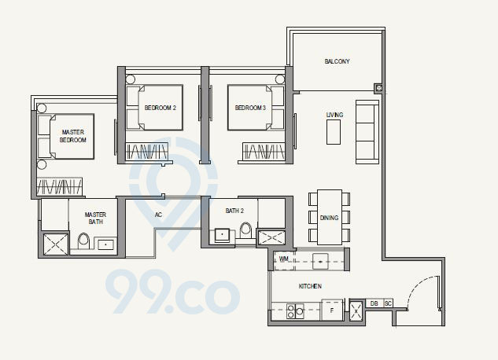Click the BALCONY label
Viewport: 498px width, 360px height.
point(337,61)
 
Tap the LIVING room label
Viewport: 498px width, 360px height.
point(334,115)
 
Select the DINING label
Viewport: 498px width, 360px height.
point(330,218)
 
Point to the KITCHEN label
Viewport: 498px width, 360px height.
point(310,287)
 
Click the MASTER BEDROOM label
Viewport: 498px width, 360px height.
point(73,134)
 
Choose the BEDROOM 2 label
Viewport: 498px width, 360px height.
point(160,107)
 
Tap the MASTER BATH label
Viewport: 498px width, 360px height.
point(95,218)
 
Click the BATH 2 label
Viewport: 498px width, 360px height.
point(234,211)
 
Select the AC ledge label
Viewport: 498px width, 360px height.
point(158,214)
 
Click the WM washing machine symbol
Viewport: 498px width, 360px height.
point(284,259)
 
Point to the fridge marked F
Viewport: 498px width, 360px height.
point(332,311)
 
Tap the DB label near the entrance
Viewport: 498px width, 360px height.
point(374,303)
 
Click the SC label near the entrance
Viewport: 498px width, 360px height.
point(388,303)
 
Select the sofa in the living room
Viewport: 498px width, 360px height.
point(367,131)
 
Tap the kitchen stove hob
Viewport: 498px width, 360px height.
point(293,311)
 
